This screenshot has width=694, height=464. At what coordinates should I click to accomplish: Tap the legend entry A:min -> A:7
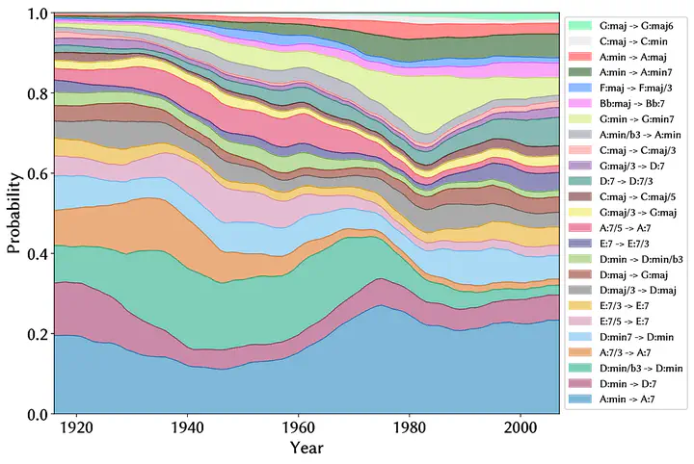tap(629, 399)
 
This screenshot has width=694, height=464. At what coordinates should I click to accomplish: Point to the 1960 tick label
tap(299, 426)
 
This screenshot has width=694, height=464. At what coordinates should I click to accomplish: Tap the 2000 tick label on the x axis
tap(520, 426)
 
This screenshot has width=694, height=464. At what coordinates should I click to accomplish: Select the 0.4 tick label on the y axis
tap(36, 253)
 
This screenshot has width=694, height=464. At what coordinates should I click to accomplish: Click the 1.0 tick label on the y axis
tap(36, 13)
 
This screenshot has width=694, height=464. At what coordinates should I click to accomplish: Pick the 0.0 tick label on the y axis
tap(36, 414)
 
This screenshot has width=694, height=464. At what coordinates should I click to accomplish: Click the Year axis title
tap(307, 448)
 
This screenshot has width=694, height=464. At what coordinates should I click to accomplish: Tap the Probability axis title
tap(13, 214)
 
